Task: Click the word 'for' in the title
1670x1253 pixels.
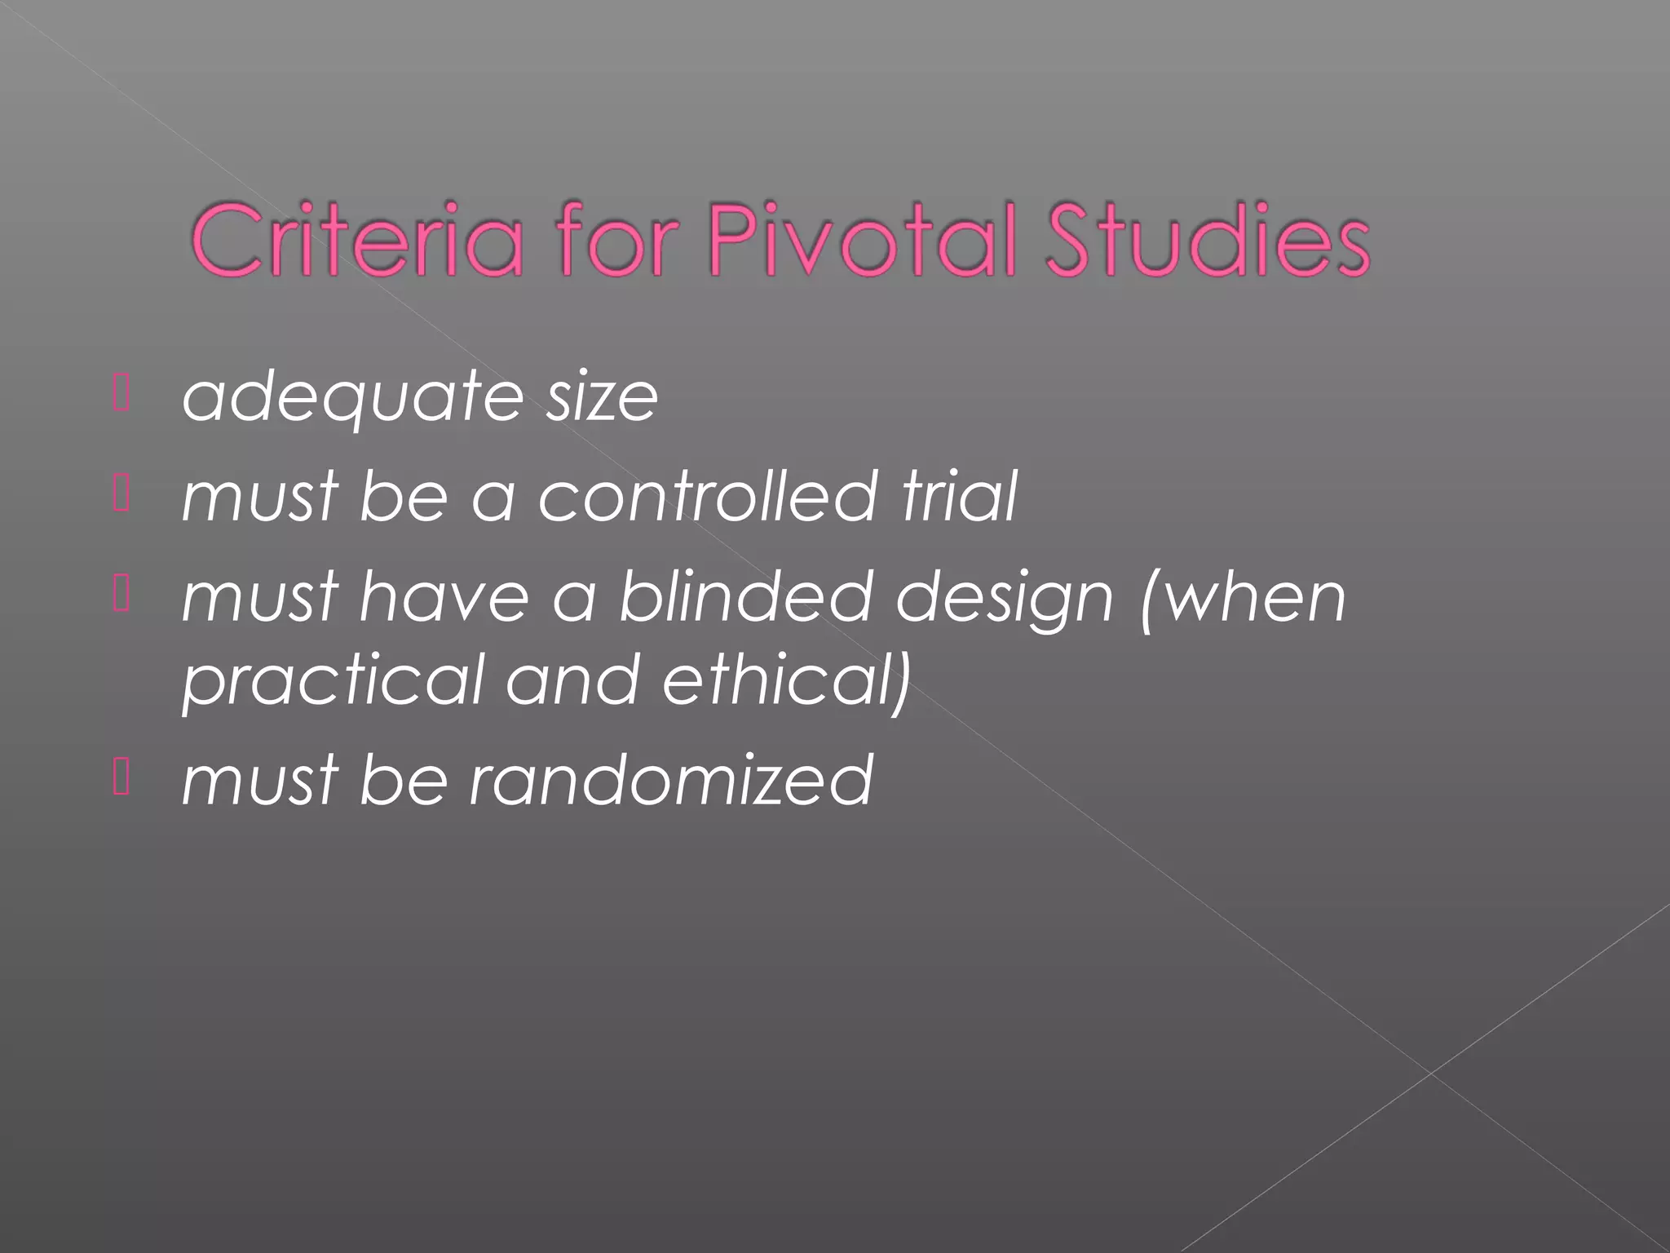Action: pos(617,241)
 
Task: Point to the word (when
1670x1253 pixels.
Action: pos(1243,599)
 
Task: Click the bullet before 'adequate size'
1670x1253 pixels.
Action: pos(121,394)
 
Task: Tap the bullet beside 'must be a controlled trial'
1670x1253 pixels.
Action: pos(121,495)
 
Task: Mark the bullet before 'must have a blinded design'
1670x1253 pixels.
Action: pos(121,595)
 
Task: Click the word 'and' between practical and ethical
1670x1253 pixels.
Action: pos(572,680)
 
